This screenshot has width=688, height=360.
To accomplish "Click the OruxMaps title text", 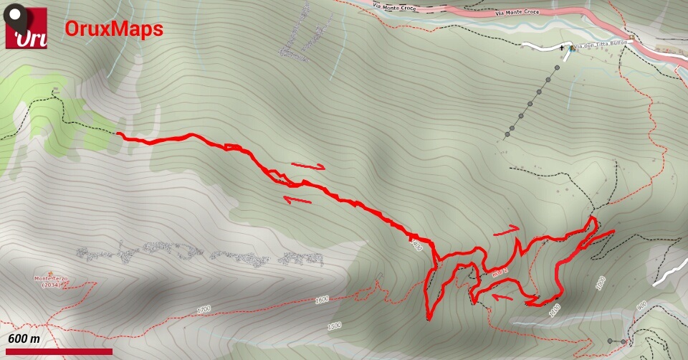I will pyautogui.click(x=114, y=29).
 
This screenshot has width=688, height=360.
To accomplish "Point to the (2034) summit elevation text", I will pyautogui.click(x=51, y=285).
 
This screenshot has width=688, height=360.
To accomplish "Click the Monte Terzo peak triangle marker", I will pyautogui.click(x=51, y=273).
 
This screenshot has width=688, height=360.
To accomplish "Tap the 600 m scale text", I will pyautogui.click(x=24, y=338).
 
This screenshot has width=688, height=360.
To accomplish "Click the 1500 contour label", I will pyautogui.click(x=334, y=326).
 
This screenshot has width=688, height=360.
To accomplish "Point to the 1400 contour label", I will pyautogui.click(x=418, y=246).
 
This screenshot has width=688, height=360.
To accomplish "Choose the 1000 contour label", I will pyautogui.click(x=600, y=283).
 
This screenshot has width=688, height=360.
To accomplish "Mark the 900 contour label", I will pyautogui.click(x=641, y=305).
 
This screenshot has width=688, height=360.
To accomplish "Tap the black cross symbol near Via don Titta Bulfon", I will pyautogui.click(x=562, y=47).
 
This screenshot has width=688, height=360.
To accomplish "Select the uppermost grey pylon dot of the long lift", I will pyautogui.click(x=556, y=67).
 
